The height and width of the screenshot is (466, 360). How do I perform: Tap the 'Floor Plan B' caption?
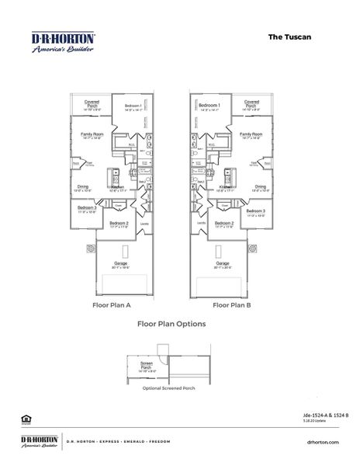click(231, 305)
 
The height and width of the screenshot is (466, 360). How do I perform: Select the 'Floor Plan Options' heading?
click(171, 324)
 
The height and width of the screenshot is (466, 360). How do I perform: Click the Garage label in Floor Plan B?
click(223, 263)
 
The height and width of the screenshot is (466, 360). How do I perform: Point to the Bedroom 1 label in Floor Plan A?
click(131, 106)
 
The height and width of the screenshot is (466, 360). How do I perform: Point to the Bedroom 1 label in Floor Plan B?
click(209, 106)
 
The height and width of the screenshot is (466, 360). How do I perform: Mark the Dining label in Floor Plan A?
click(82, 187)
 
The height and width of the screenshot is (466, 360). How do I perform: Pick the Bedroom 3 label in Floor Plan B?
click(255, 211)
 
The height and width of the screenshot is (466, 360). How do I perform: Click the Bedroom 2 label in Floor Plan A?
click(118, 224)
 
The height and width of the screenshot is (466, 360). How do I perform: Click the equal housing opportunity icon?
click(25, 419)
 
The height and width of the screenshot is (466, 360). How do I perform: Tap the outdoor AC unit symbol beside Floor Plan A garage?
click(90, 249)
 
